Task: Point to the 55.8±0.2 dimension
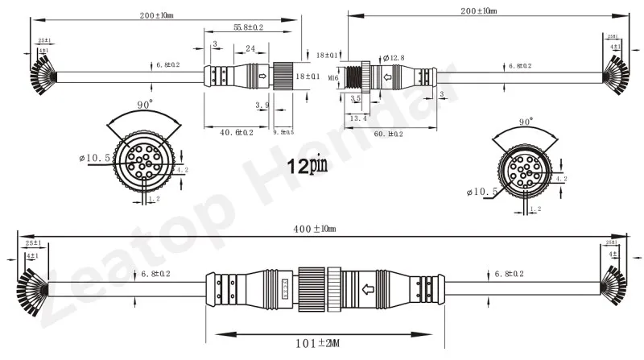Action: [x=250, y=27]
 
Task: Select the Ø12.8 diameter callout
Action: [x=394, y=57]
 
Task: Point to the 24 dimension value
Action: [x=250, y=48]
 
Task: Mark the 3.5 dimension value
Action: [x=356, y=97]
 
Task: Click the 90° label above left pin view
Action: [x=146, y=106]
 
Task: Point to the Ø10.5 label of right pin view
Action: [x=481, y=192]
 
